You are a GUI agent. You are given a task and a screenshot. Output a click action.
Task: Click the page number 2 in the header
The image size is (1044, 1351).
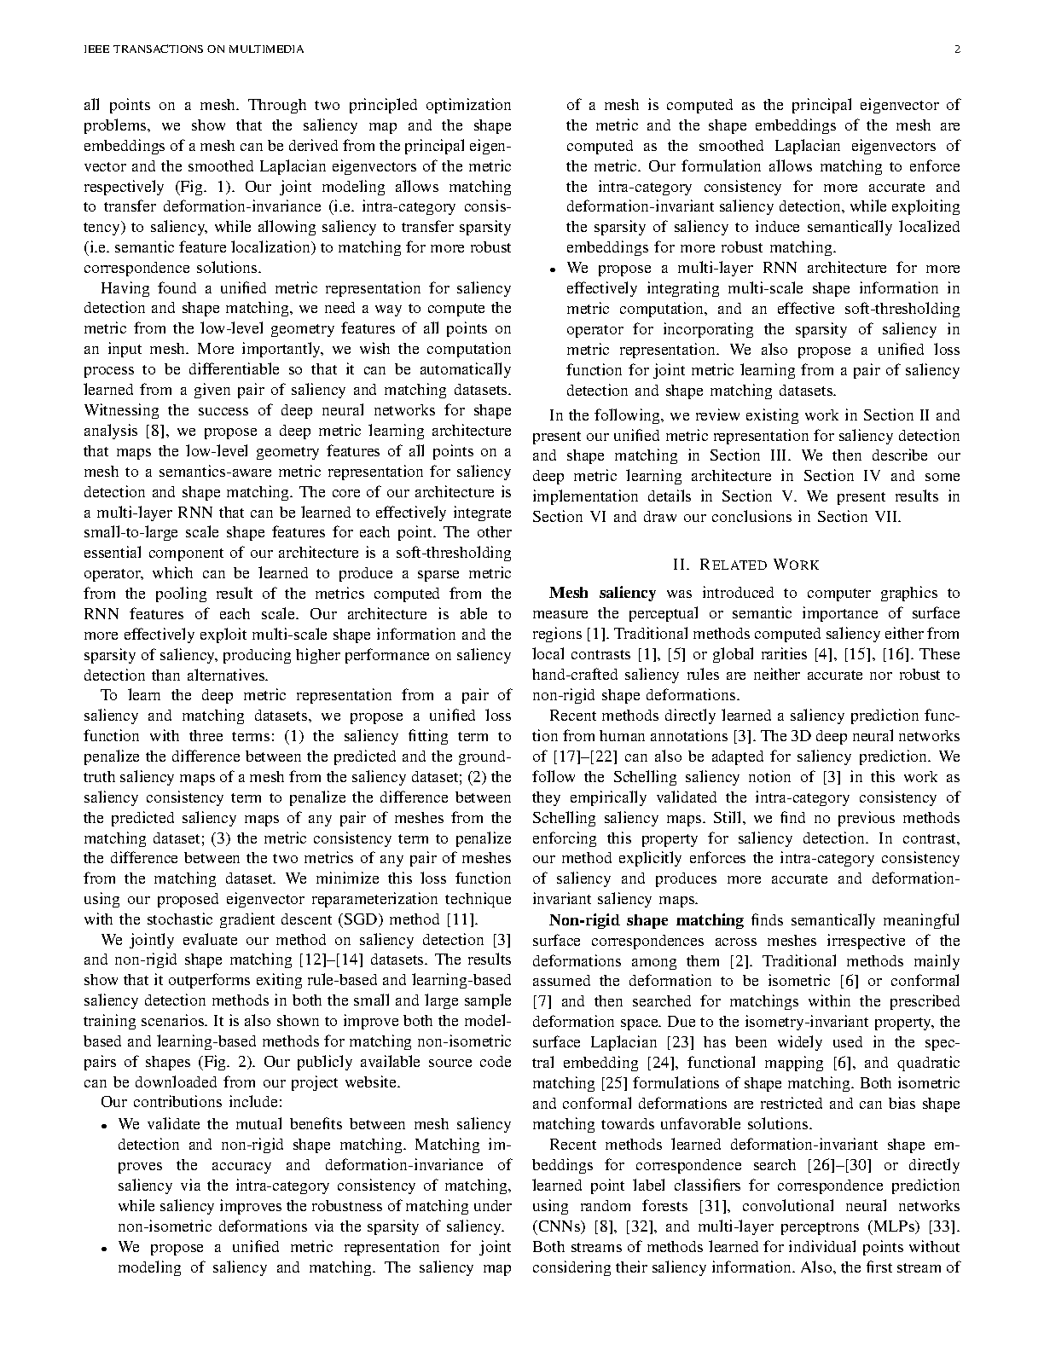[957, 49]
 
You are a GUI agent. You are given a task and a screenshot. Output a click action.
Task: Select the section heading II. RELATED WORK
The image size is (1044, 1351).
[745, 565]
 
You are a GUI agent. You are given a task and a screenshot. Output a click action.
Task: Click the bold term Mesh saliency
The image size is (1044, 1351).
[602, 593]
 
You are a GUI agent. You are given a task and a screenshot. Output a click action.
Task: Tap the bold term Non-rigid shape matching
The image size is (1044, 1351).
[647, 920]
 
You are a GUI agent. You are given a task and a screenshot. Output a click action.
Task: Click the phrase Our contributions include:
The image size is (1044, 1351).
[192, 1104]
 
